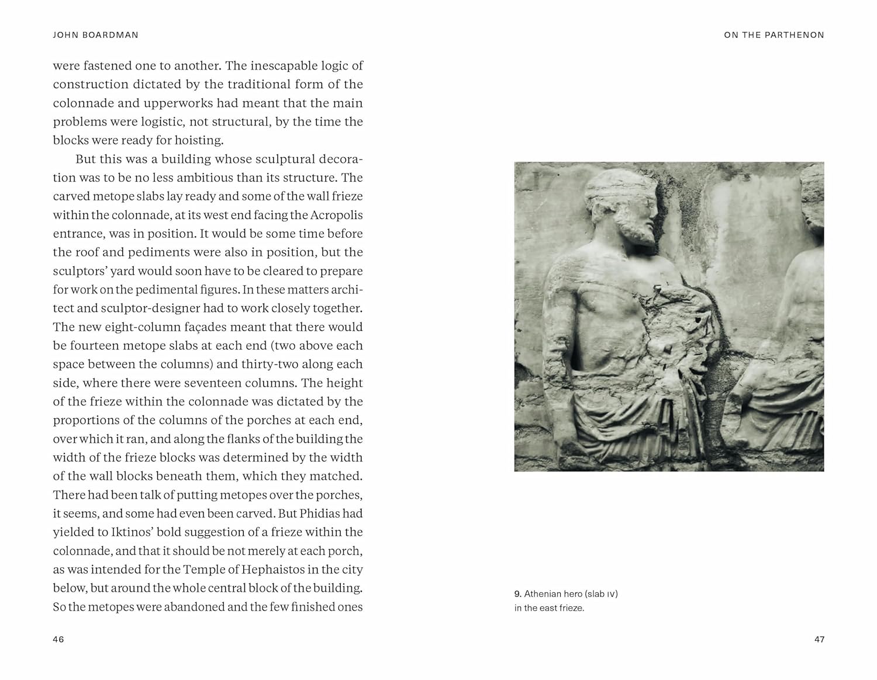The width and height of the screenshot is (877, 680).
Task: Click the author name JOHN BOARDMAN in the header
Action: click(95, 35)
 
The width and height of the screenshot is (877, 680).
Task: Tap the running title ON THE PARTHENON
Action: click(774, 35)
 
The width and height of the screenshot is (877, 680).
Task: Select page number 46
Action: click(58, 639)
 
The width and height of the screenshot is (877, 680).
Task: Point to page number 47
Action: click(819, 639)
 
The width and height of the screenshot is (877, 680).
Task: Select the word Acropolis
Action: click(336, 215)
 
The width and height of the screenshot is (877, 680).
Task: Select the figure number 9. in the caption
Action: click(518, 594)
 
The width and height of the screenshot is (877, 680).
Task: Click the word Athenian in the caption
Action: click(543, 594)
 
